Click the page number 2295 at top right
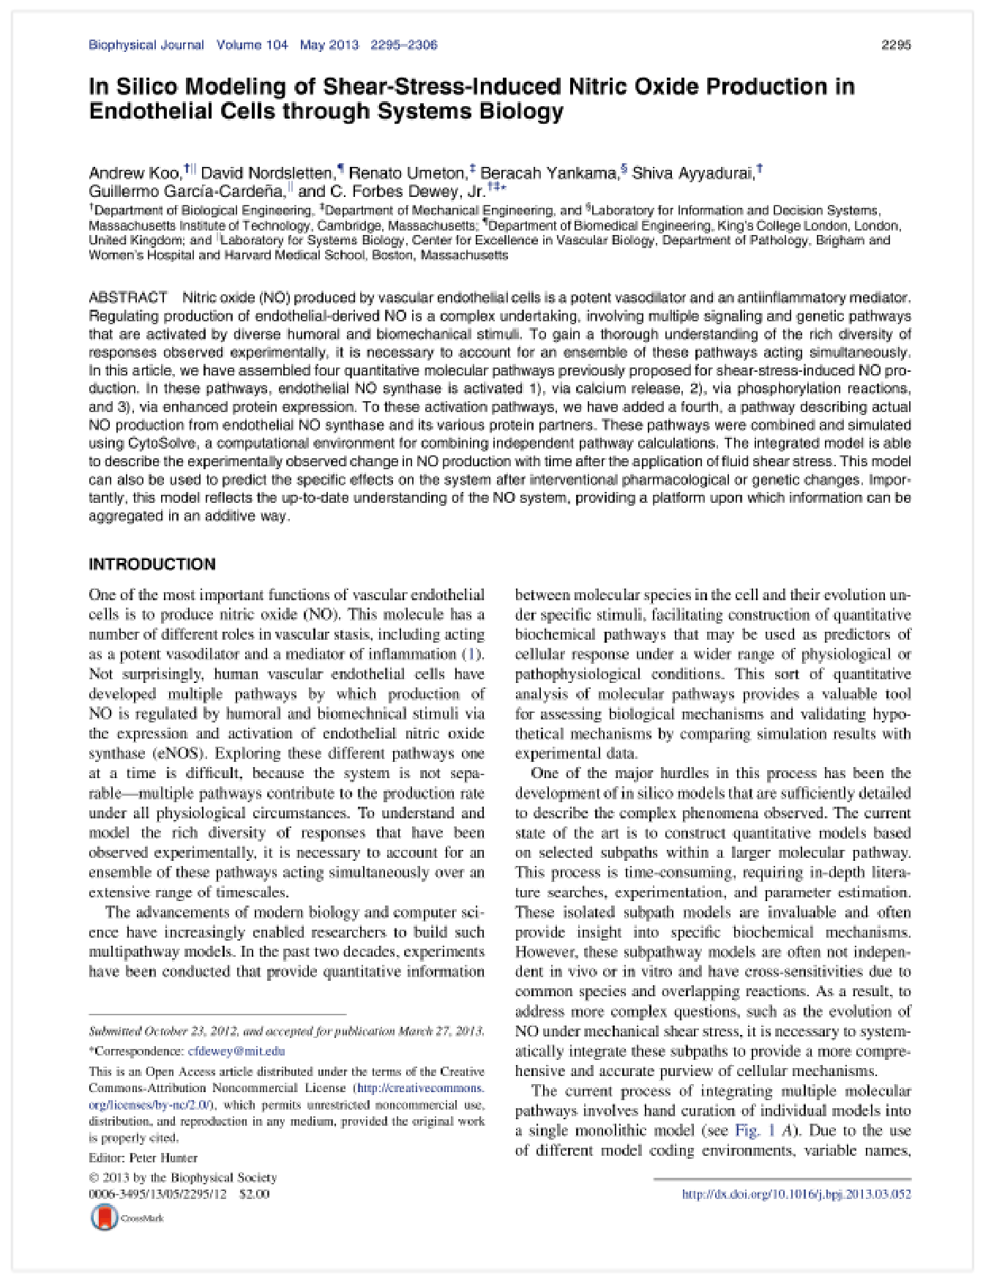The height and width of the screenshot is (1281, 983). coord(896,45)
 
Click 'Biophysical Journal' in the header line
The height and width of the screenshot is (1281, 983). coord(146,45)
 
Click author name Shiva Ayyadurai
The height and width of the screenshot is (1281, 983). coord(692,173)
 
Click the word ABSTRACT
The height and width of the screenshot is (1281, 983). coord(128,298)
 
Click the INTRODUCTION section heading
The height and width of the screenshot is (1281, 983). coord(152,564)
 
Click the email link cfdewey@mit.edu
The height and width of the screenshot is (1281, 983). coord(236,1051)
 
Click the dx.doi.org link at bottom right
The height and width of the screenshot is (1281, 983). coord(796,1195)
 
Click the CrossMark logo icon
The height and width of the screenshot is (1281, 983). coord(104,1217)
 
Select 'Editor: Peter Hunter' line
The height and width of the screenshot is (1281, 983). coord(143,1158)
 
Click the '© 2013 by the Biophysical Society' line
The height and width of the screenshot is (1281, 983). coord(182,1178)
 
